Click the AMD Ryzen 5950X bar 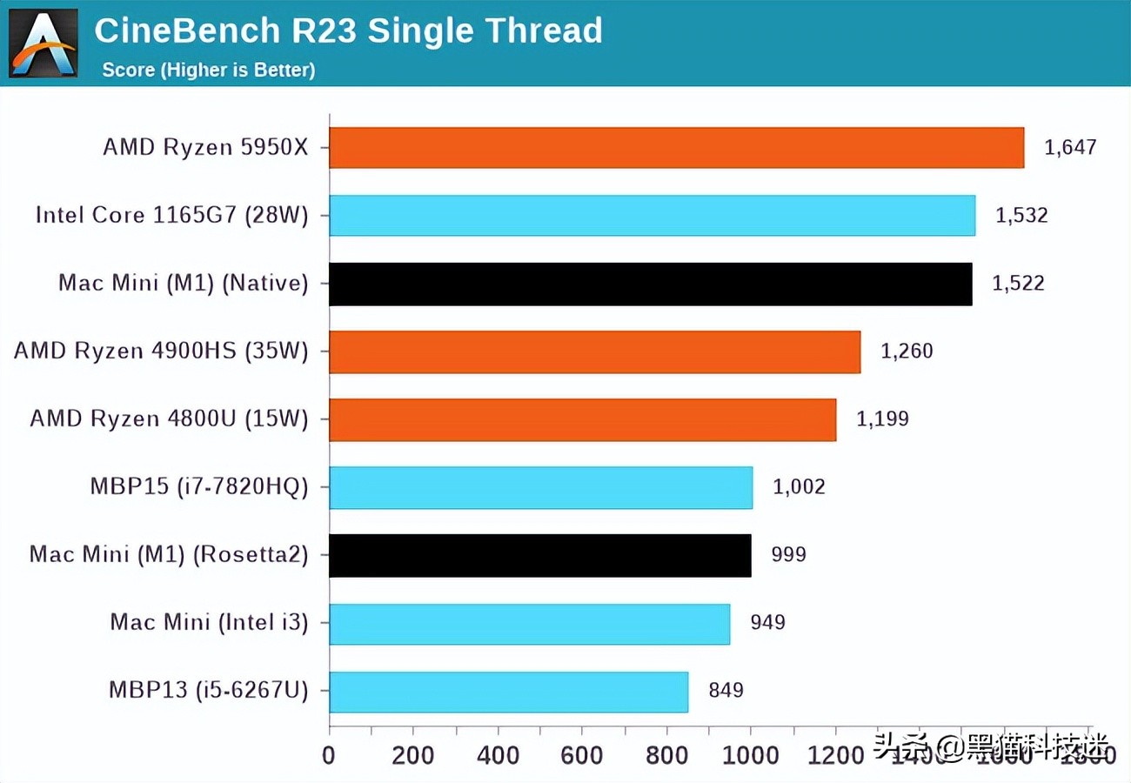pyautogui.click(x=676, y=147)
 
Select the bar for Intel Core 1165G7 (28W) pyautogui.click(x=652, y=215)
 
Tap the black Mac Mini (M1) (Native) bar pyautogui.click(x=650, y=284)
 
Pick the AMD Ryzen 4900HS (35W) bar pyautogui.click(x=594, y=351)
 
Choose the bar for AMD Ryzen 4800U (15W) pyautogui.click(x=582, y=419)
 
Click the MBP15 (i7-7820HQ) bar pyautogui.click(x=540, y=487)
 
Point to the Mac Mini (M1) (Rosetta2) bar pyautogui.click(x=539, y=555)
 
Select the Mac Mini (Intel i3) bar pyautogui.click(x=529, y=623)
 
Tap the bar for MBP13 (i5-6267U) pyautogui.click(x=508, y=692)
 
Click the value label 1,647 pyautogui.click(x=1070, y=147)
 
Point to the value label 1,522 pyautogui.click(x=1018, y=284)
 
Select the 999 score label pyautogui.click(x=788, y=555)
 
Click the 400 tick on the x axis pyautogui.click(x=498, y=754)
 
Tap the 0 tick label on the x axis pyautogui.click(x=329, y=754)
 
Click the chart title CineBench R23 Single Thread pyautogui.click(x=348, y=31)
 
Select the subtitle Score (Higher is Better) pyautogui.click(x=208, y=70)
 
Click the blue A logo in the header pyautogui.click(x=43, y=43)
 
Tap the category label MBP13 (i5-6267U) pyautogui.click(x=208, y=691)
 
